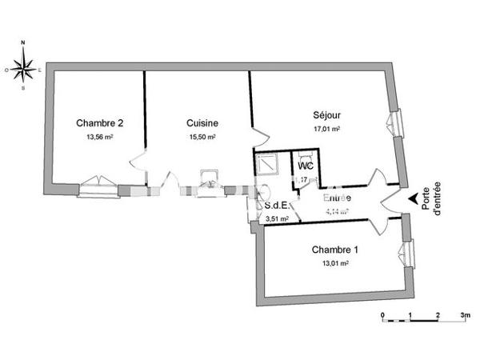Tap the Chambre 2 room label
pos(99,123)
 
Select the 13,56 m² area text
pos(99,137)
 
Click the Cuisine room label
pos(202,123)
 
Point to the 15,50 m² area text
pos(202,137)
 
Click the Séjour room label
pos(326,115)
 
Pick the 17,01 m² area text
pos(326,129)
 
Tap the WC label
pos(305,166)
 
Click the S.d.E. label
pos(277,205)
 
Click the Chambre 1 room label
pos(334,250)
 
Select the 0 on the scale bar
pos(383,315)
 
